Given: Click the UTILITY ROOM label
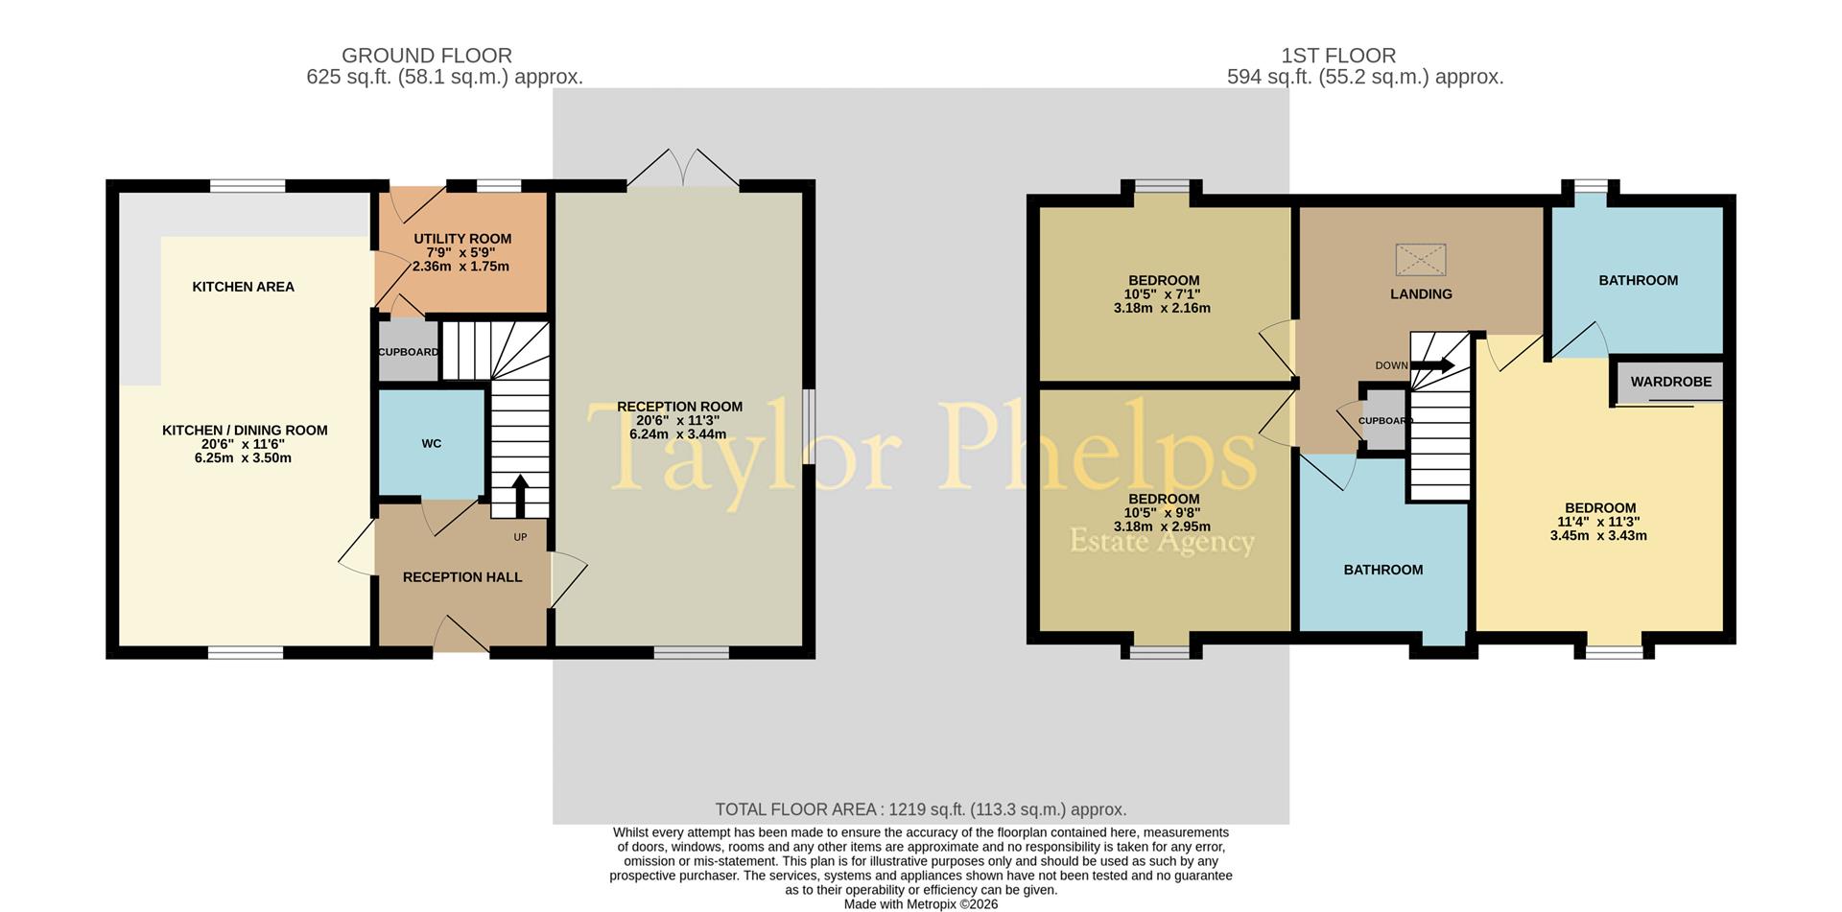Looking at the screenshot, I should coord(462,239).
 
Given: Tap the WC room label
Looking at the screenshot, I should coord(432,443).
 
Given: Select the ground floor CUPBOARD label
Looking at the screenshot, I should coord(408,352).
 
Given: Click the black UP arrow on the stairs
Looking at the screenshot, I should coord(520,494).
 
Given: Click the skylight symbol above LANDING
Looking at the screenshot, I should coord(1420,260).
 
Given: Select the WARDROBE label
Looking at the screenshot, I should coord(1670,382).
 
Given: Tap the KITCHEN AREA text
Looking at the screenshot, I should coord(243,287).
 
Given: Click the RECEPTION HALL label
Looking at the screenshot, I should coord(462,577).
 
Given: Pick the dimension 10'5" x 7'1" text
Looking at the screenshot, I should coord(1162,294).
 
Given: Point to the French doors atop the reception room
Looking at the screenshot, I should coord(683,169).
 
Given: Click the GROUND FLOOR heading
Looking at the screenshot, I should coord(427,56).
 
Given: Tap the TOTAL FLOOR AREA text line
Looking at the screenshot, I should coord(920,809).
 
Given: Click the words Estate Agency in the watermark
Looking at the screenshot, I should coord(1162,542).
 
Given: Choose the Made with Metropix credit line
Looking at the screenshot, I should coord(920,903).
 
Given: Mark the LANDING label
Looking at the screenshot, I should coord(1421,294).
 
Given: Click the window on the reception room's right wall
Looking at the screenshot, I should coord(809,427).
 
